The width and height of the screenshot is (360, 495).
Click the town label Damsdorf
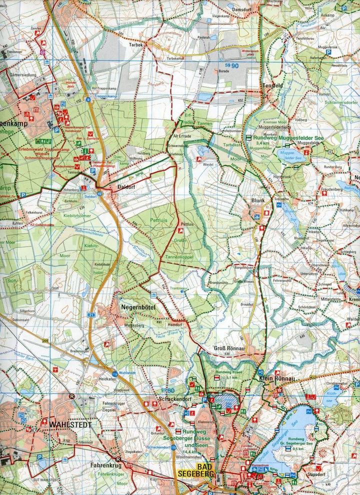(242, 9)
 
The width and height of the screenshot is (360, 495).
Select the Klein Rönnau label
(276, 379)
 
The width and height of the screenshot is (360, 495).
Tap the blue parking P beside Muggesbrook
(329, 51)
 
